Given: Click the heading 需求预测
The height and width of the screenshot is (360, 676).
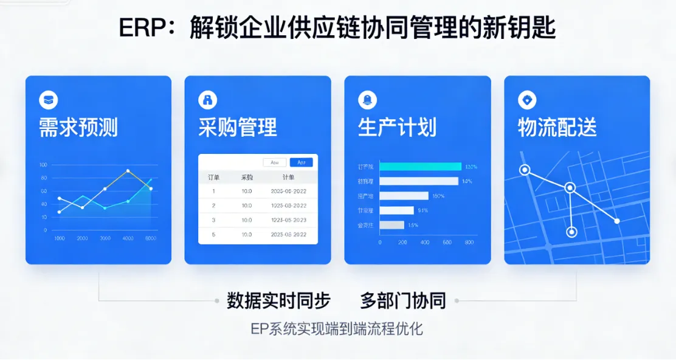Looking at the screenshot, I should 78,128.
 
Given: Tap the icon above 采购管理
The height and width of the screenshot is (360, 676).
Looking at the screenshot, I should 208,100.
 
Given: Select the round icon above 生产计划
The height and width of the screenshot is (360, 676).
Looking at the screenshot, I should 368,100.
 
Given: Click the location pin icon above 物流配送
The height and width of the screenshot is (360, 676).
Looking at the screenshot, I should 526,100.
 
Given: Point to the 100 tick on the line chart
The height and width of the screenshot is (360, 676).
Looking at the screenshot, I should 43,165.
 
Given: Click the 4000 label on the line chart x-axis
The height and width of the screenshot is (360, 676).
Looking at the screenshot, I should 128,238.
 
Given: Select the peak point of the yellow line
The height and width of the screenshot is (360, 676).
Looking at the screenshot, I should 128,171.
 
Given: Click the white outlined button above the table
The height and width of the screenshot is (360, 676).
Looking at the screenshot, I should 274,162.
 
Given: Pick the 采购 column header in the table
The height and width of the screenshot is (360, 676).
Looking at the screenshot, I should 247,177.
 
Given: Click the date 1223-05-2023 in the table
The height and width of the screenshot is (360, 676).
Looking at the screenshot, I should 288,220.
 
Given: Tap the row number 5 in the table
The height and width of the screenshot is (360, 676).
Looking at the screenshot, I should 213,234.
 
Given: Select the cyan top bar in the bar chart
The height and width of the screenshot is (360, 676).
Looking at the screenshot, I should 421,167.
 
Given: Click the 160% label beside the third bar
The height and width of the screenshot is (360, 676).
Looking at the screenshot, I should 438,196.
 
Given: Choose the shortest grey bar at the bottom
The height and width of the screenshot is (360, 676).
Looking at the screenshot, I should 391,225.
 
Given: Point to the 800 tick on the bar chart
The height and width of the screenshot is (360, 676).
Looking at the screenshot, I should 469,242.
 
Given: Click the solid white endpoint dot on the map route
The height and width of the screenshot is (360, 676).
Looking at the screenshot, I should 617,221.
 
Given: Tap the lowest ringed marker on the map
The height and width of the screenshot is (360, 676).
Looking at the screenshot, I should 571,232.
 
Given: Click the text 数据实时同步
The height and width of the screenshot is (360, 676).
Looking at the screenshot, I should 278,300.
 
